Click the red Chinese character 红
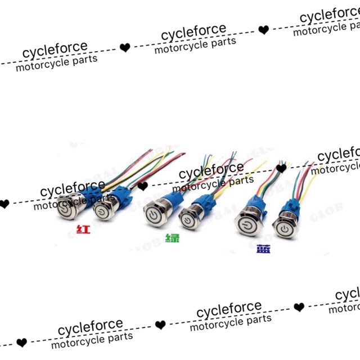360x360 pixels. [x=83, y=229]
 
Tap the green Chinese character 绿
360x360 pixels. [x=172, y=238]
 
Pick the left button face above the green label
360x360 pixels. [x=152, y=215]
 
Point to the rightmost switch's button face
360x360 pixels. [x=285, y=228]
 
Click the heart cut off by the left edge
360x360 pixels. [x=4, y=204]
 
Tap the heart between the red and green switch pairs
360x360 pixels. [x=142, y=186]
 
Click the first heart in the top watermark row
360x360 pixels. [x=125, y=48]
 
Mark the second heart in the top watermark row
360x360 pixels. [x=263, y=30]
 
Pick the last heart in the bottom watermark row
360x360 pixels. [x=299, y=307]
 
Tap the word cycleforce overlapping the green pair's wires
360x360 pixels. [x=211, y=169]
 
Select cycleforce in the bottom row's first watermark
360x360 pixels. [x=91, y=326]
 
